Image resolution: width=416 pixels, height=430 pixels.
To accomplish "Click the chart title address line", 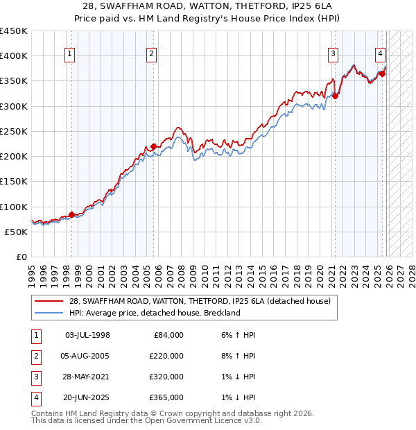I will (x=207, y=6).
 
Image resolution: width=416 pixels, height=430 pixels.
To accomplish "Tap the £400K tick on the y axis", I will (x=14, y=56).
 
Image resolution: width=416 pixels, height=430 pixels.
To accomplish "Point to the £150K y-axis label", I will (x=14, y=182).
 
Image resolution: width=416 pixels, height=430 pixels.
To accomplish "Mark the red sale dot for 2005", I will (x=154, y=146).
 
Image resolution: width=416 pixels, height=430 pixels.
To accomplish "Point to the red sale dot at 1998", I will (x=71, y=214).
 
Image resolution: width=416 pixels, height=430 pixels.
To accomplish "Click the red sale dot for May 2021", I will (x=336, y=96).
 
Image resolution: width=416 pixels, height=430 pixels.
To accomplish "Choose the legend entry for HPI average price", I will (x=154, y=313).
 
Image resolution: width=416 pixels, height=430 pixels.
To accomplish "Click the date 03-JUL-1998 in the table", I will (x=87, y=335).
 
